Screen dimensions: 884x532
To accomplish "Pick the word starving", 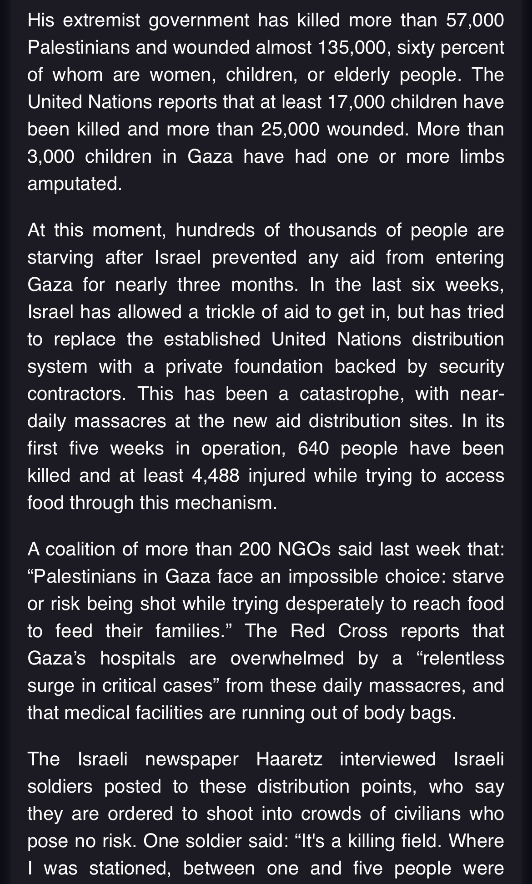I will [x=60, y=258].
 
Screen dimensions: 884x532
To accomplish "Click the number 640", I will [x=313, y=449].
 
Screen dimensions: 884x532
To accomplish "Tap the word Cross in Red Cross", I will [x=362, y=632].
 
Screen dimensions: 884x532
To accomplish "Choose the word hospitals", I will [x=137, y=659].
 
